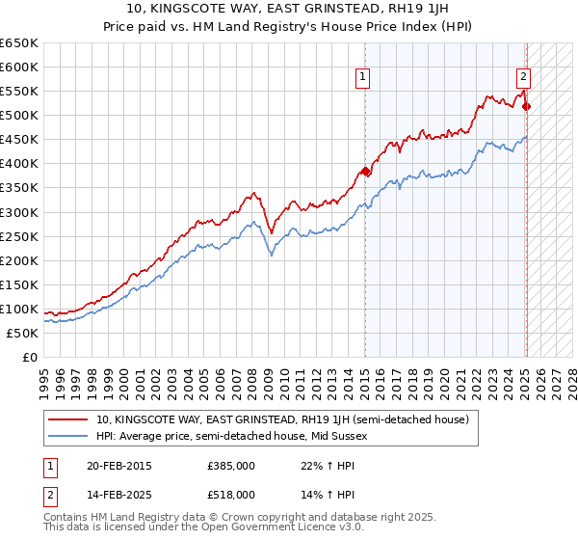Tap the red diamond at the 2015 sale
[365, 172]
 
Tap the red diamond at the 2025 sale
[526, 106]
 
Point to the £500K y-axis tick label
[19, 116]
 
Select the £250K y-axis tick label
[19, 236]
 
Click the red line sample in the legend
[68, 420]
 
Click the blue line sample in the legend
[68, 437]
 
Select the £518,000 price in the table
[231, 495]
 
